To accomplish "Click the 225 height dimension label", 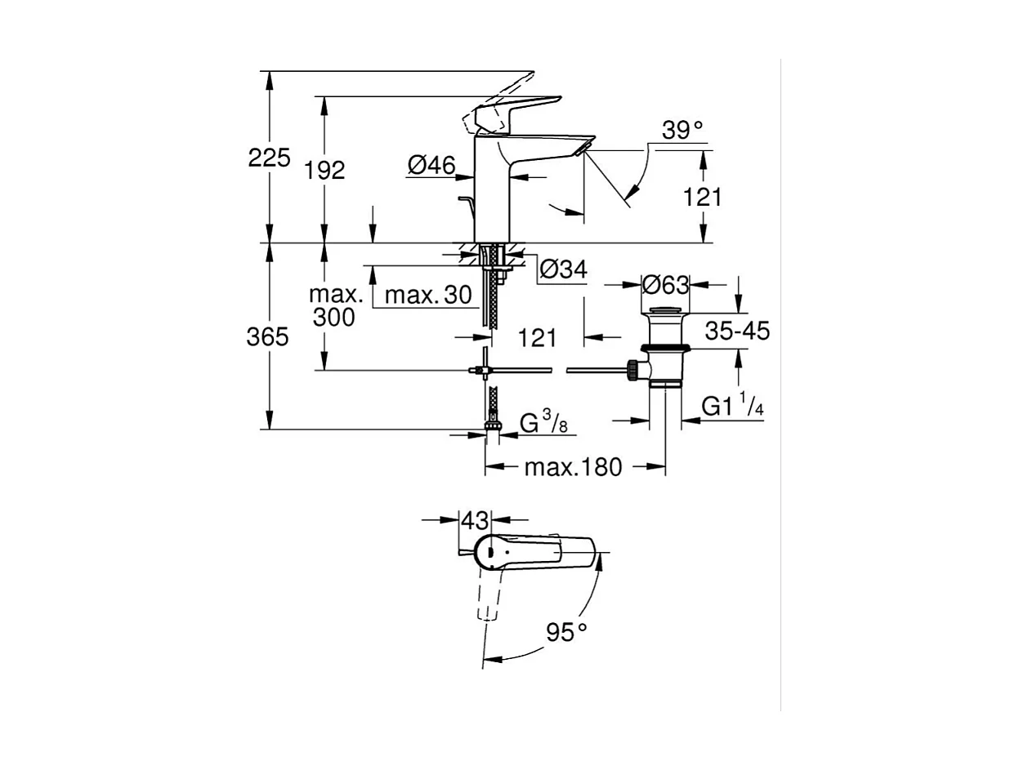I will pyautogui.click(x=269, y=158).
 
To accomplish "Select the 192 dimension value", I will pyautogui.click(x=324, y=170).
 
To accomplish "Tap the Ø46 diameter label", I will pyautogui.click(x=431, y=166).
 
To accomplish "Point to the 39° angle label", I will pyautogui.click(x=682, y=131).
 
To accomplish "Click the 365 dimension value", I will pyautogui.click(x=268, y=336).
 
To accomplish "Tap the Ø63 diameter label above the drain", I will pyautogui.click(x=665, y=285).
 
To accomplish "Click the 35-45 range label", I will pyautogui.click(x=737, y=331).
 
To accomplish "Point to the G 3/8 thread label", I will pyautogui.click(x=544, y=423).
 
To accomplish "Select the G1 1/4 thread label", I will pyautogui.click(x=732, y=407).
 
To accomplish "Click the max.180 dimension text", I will pyautogui.click(x=573, y=467).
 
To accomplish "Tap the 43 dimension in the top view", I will pyautogui.click(x=475, y=520).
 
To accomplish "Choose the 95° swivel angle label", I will pyautogui.click(x=566, y=632).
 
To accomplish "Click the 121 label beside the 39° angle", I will pyautogui.click(x=703, y=196).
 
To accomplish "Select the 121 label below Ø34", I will pyautogui.click(x=537, y=337).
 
